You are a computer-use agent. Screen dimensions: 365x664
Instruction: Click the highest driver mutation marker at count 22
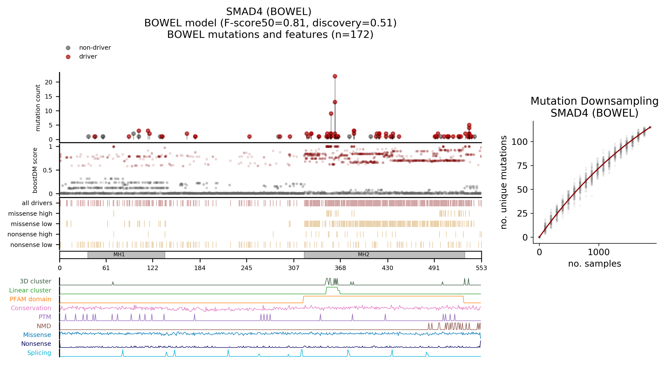[335, 76]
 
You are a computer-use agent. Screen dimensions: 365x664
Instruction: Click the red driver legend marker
[68, 57]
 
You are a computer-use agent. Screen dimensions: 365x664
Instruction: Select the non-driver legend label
[95, 48]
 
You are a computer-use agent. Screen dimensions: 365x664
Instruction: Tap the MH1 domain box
[126, 255]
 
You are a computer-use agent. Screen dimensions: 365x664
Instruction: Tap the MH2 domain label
[363, 255]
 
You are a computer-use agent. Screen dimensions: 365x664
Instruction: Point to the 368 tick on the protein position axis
[340, 268]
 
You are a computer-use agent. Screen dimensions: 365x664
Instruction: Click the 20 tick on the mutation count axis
[49, 82]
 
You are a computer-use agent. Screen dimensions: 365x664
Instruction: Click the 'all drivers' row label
[37, 203]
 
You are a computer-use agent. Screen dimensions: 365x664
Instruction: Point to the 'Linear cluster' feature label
[30, 290]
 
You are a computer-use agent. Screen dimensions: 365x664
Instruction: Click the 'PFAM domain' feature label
[30, 299]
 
